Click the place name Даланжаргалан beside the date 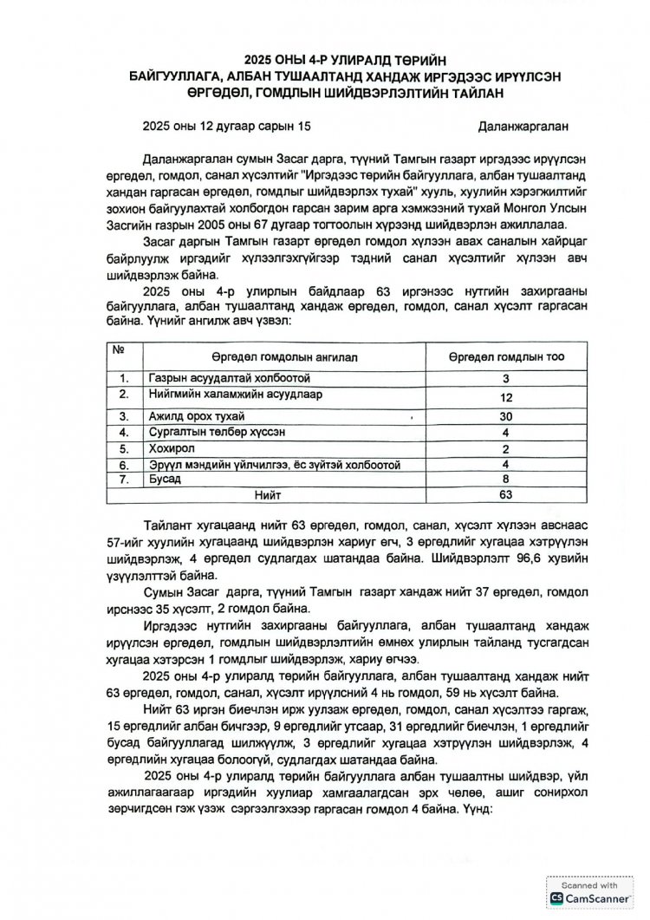[523, 126]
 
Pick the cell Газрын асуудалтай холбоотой [229, 379]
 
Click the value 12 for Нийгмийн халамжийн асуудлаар [506, 396]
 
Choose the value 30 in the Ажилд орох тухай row [506, 416]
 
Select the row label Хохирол [172, 448]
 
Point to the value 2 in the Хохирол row [506, 448]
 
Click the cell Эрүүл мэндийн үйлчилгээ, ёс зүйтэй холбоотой [274, 465]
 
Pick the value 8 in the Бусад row [506, 479]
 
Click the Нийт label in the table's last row [267, 494]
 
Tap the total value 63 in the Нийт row [506, 494]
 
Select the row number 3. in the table [125, 416]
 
